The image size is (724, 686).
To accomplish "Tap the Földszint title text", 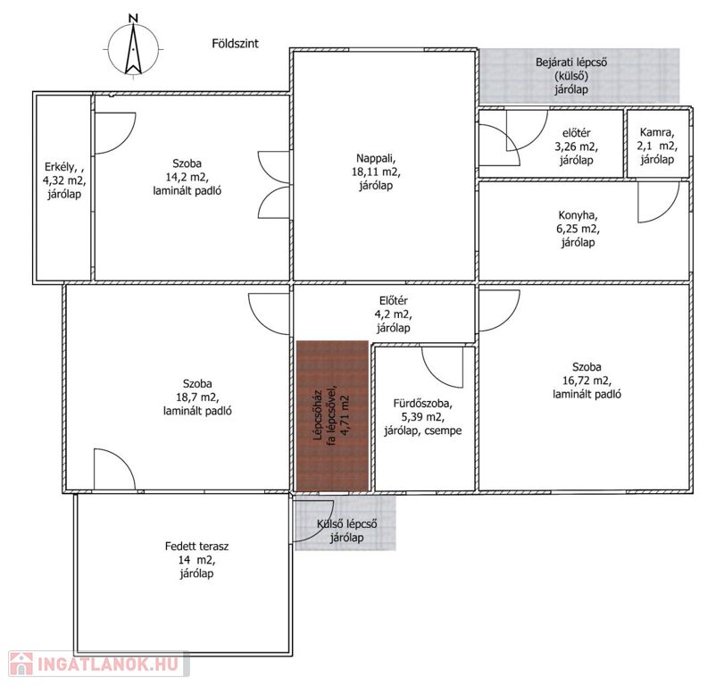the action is (235, 44).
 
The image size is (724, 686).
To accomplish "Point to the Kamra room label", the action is (657, 146).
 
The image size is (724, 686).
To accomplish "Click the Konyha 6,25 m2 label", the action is (578, 229).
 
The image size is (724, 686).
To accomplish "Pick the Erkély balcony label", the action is (64, 180).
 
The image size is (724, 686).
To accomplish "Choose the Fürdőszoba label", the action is (422, 417).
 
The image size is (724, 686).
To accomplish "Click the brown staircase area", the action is (332, 415).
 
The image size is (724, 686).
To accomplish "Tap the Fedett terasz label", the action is (196, 560).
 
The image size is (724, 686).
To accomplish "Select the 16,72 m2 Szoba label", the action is (587, 381).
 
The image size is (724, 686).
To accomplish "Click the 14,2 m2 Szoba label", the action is (187, 177).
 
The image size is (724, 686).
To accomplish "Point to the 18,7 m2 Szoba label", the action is (197, 397).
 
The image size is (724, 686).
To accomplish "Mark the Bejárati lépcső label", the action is (571, 76).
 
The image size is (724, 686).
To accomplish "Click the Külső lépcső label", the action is (346, 531).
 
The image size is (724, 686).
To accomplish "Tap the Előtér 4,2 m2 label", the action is (394, 314).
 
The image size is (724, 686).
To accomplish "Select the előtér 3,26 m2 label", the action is (576, 146).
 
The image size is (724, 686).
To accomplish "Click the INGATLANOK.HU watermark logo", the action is (99, 664).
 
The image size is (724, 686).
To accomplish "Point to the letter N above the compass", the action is (133, 18).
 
